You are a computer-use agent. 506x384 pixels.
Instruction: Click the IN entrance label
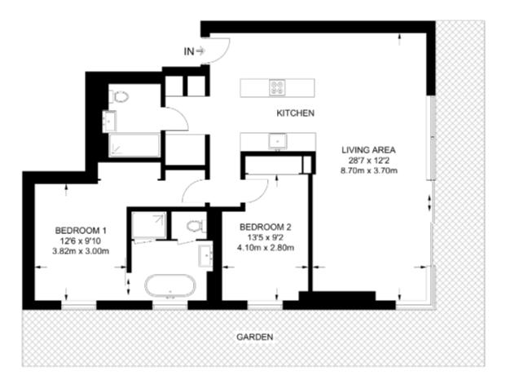(189, 51)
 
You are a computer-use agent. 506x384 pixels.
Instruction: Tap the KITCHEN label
(295, 113)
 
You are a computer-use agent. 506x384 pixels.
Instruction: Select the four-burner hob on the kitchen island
(278, 87)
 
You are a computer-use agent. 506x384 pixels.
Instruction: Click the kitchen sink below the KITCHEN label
(278, 142)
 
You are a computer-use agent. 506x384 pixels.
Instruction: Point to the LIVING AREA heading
(368, 150)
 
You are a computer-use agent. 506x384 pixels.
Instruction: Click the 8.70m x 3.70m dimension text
(369, 170)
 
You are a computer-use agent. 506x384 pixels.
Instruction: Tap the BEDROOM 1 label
(81, 231)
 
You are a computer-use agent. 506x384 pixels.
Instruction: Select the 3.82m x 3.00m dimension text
(81, 251)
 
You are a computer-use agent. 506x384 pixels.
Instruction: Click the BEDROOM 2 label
(266, 227)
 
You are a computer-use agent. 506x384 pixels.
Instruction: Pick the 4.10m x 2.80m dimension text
(266, 248)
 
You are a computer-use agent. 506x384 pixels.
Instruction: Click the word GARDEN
(254, 338)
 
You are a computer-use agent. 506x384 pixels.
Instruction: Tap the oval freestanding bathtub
(170, 286)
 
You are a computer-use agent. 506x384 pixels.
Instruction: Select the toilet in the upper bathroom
(119, 96)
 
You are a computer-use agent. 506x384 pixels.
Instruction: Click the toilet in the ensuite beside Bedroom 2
(196, 226)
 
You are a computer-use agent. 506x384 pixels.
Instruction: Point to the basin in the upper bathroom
(109, 121)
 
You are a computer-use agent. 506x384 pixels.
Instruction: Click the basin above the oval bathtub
(205, 256)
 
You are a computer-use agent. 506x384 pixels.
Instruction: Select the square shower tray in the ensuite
(149, 225)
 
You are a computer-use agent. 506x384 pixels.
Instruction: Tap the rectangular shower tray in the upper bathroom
(134, 145)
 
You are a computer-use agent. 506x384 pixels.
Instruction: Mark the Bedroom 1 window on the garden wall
(79, 305)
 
